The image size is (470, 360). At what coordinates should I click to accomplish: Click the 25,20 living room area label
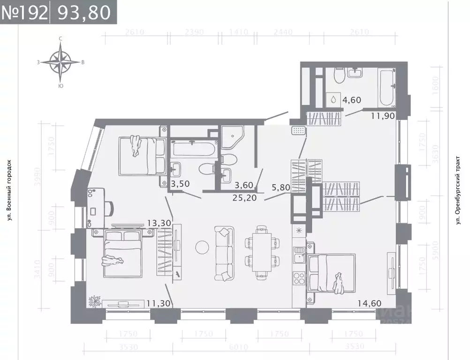[245, 197]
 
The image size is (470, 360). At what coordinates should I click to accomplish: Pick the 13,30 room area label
[159, 223]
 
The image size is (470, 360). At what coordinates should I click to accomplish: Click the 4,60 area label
[352, 99]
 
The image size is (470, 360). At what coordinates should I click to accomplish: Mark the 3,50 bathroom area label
[181, 183]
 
